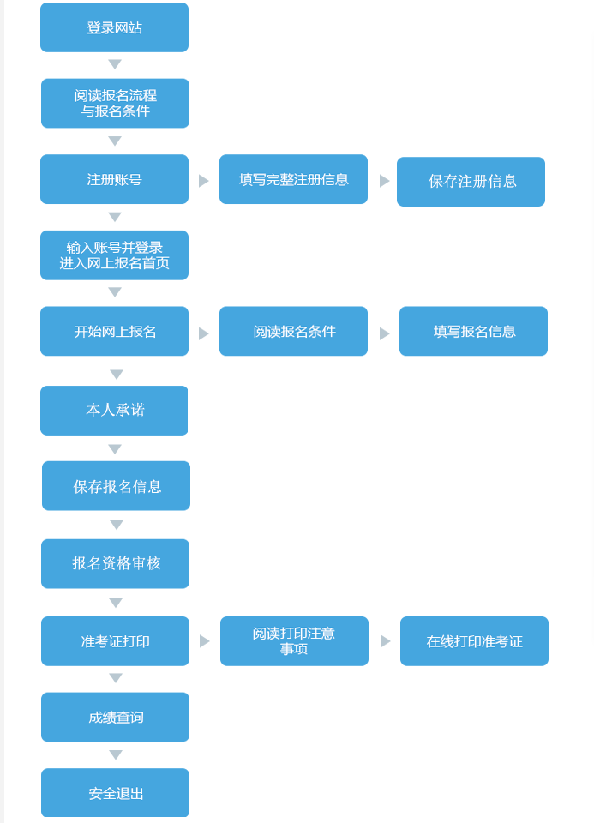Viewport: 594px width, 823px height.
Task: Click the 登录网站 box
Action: point(114,28)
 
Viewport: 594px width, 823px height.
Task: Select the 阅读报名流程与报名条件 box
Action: point(115,104)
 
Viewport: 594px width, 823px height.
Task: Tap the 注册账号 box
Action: point(114,179)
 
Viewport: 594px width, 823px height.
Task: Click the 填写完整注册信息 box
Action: point(293,179)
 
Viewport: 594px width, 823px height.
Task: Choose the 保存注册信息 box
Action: point(471,182)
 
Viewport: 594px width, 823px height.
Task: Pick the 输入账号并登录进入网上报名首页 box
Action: point(114,255)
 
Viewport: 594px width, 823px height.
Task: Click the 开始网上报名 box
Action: point(114,331)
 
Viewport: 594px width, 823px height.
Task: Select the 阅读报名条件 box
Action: point(293,331)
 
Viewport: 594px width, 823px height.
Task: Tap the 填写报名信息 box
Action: point(473,331)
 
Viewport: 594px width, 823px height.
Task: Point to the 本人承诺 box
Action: point(114,411)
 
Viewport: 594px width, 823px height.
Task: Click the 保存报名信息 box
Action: point(116,486)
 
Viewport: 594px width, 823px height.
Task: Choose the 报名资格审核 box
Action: point(115,563)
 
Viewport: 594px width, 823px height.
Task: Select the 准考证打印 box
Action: point(115,641)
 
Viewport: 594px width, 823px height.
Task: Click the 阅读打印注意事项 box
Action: point(294,641)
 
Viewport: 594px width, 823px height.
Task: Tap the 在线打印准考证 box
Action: point(474,641)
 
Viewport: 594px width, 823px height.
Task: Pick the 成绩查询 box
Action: point(115,717)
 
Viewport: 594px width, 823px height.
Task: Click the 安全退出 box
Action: point(115,793)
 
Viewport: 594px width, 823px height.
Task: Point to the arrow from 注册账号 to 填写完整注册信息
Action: point(204,181)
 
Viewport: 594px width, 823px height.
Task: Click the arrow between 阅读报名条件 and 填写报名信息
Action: point(384,333)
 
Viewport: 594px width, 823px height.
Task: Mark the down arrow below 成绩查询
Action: point(116,755)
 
